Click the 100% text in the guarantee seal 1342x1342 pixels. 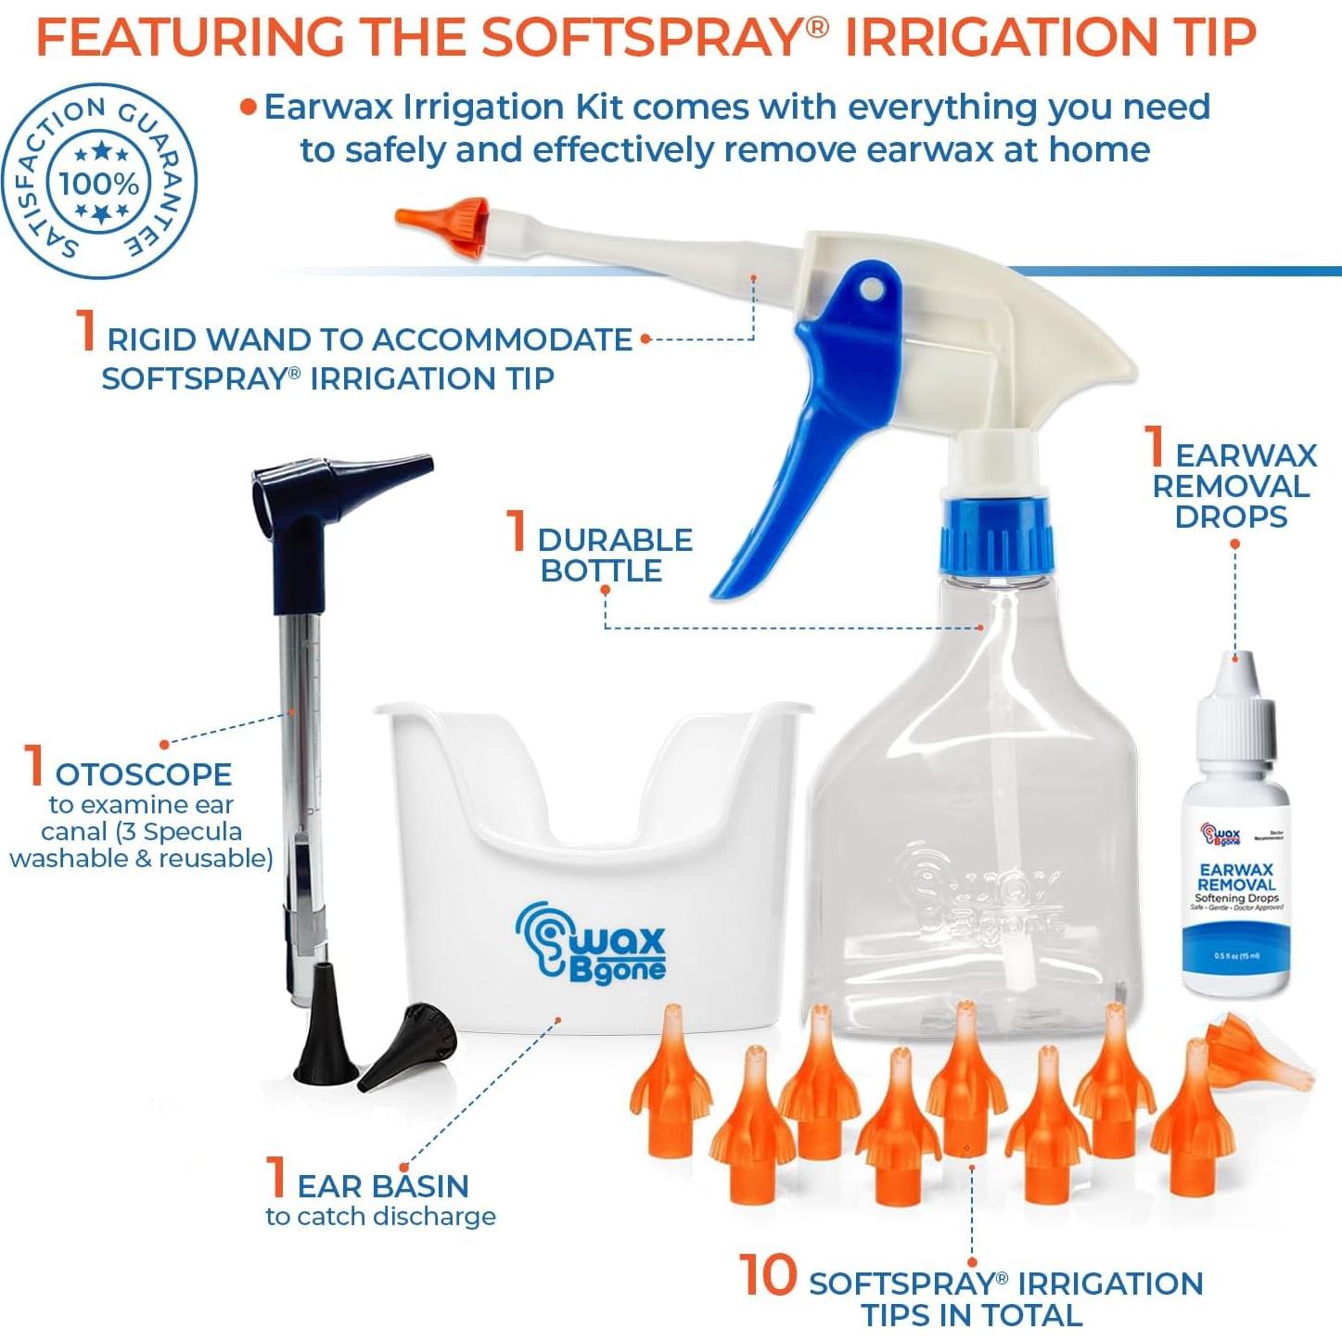coord(98,183)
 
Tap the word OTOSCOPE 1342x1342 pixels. coord(144,773)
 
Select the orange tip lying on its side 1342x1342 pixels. coord(1261,1053)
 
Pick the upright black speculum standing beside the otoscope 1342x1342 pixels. coord(325,1029)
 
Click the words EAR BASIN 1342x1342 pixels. coord(382,1185)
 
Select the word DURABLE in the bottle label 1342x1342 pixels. coord(615,540)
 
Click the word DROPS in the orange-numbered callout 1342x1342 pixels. coord(1231,517)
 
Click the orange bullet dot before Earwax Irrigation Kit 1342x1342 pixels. coord(248,107)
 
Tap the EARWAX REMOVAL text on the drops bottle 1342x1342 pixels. coord(1236,876)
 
